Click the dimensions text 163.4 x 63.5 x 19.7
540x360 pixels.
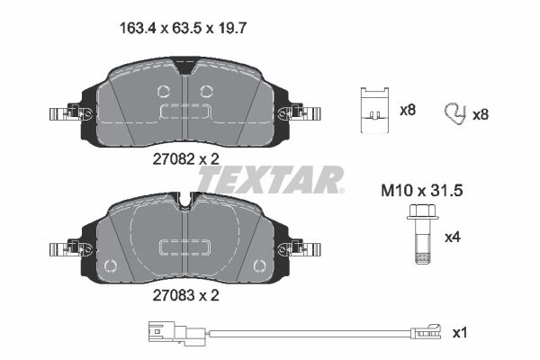[184, 27]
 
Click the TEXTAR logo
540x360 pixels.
[270, 179]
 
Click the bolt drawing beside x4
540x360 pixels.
[419, 236]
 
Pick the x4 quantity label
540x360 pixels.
[453, 238]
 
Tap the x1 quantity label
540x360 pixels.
[460, 333]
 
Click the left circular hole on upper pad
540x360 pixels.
[163, 90]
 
